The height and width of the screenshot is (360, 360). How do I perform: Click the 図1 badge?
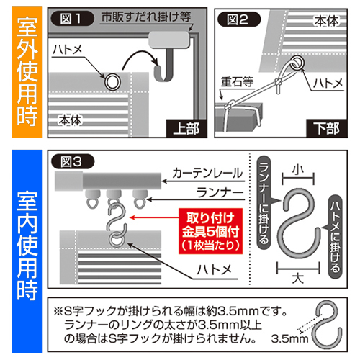click(72, 19)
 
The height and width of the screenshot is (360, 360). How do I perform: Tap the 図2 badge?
click(239, 19)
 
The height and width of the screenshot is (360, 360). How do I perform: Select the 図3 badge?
click(73, 161)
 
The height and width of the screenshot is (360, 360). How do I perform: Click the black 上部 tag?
click(186, 128)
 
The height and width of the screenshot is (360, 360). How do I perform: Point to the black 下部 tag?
click(327, 128)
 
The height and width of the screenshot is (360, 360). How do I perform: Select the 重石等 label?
click(237, 81)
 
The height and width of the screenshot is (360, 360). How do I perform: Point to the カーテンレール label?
click(207, 173)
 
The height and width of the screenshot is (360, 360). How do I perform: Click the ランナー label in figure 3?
click(220, 192)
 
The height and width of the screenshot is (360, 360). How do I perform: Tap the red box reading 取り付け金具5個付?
click(210, 231)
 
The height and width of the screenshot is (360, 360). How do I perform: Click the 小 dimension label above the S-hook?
click(298, 170)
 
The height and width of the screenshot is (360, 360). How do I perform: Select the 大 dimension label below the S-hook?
click(298, 279)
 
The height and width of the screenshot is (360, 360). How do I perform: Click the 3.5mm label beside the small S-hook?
click(289, 339)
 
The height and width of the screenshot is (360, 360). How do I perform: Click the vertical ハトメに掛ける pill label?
click(335, 237)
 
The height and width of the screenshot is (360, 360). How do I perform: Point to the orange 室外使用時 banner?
click(27, 72)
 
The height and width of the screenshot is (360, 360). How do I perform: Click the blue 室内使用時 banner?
click(27, 251)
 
